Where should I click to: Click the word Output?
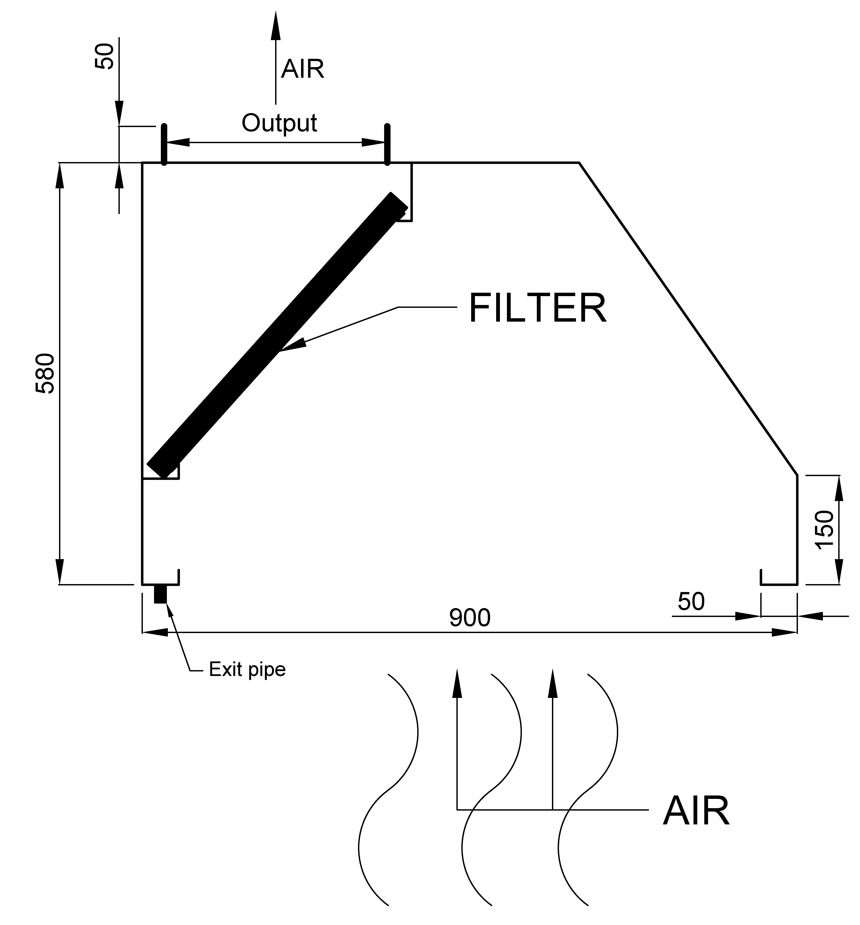pos(279,123)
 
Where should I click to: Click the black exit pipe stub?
pos(160,594)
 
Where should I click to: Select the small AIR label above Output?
pos(303,69)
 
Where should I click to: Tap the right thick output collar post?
pos(387,145)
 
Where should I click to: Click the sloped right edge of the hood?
pos(688,319)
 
